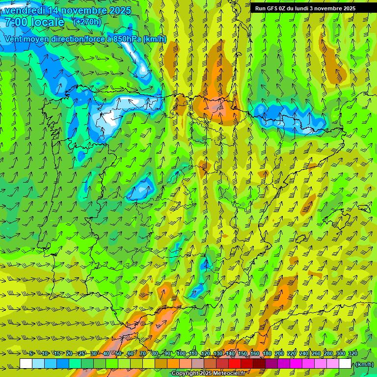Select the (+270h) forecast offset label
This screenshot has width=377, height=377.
click(87, 22)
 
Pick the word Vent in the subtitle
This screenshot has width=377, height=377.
click(14, 39)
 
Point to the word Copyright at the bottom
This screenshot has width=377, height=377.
click(185, 374)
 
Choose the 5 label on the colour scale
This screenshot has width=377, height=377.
click(31, 354)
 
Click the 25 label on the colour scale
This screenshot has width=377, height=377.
click(81, 354)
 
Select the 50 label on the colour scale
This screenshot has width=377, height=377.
click(118, 354)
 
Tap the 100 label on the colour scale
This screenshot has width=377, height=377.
click(181, 354)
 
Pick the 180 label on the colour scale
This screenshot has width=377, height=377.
click(267, 354)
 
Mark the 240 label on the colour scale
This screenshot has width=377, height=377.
click(304, 354)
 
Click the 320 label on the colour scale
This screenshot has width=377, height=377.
click(352, 354)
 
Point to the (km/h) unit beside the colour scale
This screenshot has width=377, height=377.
click(364, 364)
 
